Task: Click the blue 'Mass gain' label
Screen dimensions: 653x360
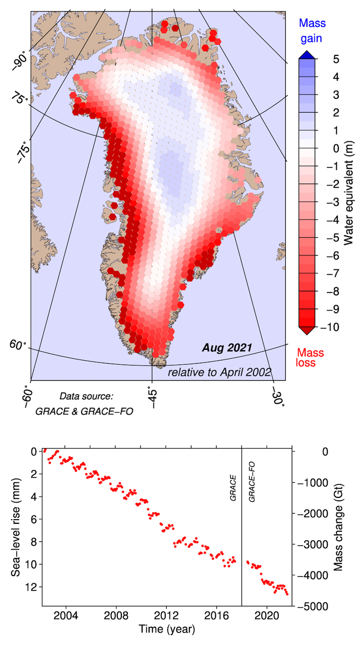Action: [x=312, y=30]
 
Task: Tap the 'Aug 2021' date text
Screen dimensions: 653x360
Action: [x=227, y=347]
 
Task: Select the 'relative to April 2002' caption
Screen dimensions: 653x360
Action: [x=219, y=372]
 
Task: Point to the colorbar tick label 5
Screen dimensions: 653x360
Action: [x=336, y=59]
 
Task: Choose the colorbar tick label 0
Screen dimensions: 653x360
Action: [x=336, y=148]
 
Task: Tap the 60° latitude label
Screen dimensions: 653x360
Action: [x=18, y=344]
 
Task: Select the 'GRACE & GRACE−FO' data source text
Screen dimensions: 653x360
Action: [x=84, y=411]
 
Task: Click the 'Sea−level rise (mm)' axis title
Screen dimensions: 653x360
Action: [x=17, y=526]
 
